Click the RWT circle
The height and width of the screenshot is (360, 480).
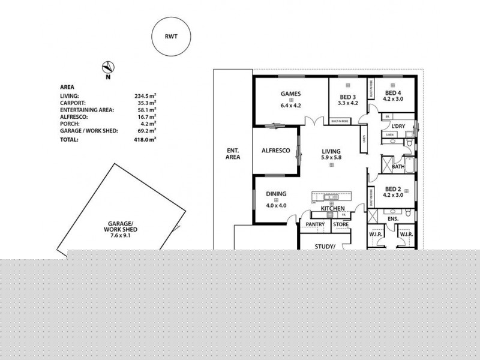click(x=172, y=36)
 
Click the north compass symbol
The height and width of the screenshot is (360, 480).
click(x=108, y=68)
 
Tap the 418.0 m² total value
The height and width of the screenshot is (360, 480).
click(x=145, y=139)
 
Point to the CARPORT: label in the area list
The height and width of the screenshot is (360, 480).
click(x=73, y=103)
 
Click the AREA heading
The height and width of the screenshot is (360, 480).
click(x=67, y=86)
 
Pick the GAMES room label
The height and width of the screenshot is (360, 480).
click(x=290, y=94)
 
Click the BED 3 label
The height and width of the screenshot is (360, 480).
click(x=347, y=97)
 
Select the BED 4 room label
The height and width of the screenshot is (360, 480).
click(x=393, y=93)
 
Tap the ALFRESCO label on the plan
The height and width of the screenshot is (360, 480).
click(x=275, y=151)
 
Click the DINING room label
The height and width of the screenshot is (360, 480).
click(x=276, y=194)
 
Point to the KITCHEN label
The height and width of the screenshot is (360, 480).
click(x=332, y=208)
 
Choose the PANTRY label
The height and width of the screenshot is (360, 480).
click(x=315, y=225)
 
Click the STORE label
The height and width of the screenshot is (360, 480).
click(x=341, y=225)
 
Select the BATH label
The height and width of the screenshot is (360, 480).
click(x=398, y=167)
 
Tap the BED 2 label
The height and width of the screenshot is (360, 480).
click(x=393, y=187)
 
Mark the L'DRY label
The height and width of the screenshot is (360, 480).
click(x=398, y=127)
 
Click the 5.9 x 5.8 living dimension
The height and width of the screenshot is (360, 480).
click(x=331, y=158)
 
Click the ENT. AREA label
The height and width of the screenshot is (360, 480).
click(x=233, y=153)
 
